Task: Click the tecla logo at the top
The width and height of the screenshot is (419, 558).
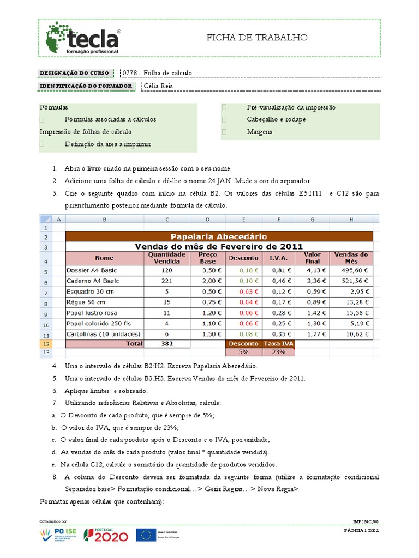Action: [x=83, y=38]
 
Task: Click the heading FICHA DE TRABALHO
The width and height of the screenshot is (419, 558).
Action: [x=257, y=37]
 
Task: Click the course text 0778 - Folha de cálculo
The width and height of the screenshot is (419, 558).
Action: [x=157, y=73]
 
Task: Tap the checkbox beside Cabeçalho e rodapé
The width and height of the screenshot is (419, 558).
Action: [x=224, y=119]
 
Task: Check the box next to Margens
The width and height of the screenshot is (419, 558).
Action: [x=224, y=132]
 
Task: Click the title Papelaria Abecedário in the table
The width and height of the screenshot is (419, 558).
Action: [x=219, y=236]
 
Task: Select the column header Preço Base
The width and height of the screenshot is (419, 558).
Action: [x=207, y=258]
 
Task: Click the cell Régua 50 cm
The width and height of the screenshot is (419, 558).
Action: [x=86, y=302]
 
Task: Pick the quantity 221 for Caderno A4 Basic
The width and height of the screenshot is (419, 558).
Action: [x=167, y=281]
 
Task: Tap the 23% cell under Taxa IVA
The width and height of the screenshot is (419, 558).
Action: [x=279, y=352]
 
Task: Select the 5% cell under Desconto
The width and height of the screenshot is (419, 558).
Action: [x=243, y=352]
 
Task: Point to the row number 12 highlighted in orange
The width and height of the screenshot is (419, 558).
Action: [x=46, y=344]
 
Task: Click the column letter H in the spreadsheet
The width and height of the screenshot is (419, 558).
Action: [x=351, y=219]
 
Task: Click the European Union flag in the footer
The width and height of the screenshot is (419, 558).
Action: [x=146, y=535]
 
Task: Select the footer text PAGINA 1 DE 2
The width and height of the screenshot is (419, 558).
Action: [x=361, y=530]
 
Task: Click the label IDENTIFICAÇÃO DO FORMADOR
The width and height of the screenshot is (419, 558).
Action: [x=86, y=86]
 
